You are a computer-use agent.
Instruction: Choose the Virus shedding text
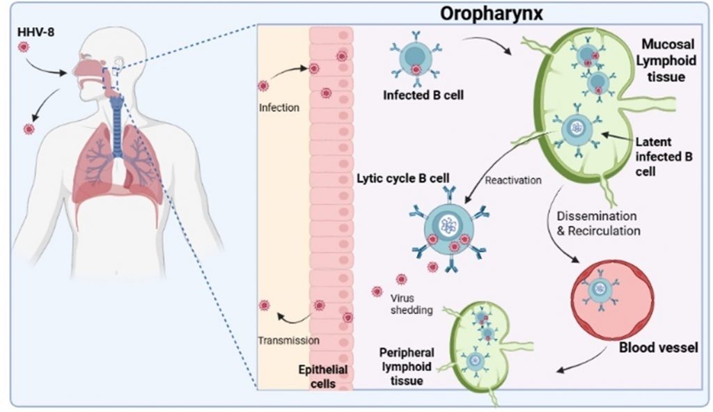(x=405, y=305)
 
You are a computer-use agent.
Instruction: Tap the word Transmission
(x=288, y=341)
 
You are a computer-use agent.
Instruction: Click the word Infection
(x=279, y=108)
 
